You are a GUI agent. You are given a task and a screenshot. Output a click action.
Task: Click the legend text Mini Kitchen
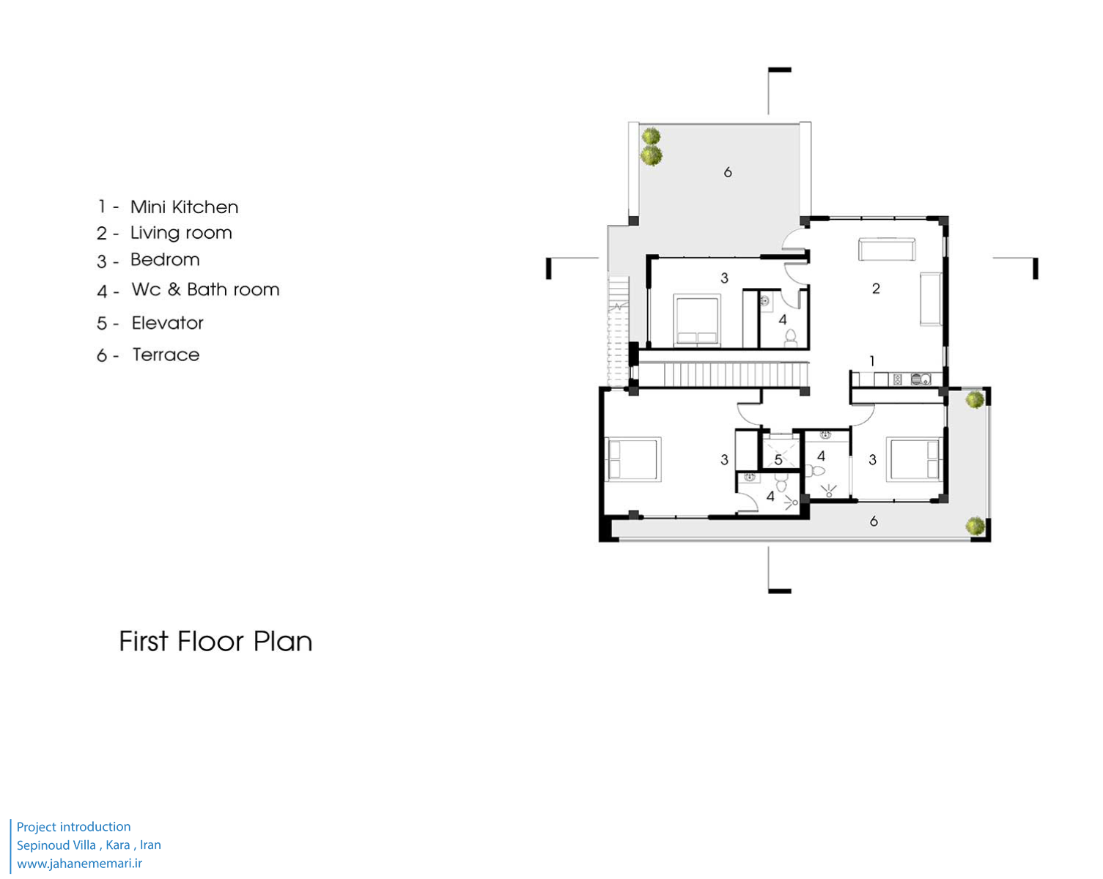[x=184, y=207]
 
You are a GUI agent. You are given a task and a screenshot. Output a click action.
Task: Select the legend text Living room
[x=181, y=233]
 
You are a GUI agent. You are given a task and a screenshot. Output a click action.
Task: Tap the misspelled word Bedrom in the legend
[x=165, y=260]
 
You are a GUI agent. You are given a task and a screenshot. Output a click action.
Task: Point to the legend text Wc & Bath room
[x=205, y=289]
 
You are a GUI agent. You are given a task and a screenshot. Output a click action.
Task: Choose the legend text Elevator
[x=167, y=323]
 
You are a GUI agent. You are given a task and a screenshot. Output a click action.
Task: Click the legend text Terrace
[x=166, y=355]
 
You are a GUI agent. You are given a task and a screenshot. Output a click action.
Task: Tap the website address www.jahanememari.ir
[x=79, y=864]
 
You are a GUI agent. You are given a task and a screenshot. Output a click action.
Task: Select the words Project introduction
[x=74, y=827]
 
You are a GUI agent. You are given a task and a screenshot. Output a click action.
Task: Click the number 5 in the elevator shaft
[x=778, y=460]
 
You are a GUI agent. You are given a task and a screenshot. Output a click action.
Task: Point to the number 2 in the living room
[x=876, y=289]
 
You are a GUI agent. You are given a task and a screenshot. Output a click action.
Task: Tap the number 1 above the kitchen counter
[x=872, y=362]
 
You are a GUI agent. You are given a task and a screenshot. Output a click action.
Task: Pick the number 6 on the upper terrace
[x=728, y=173]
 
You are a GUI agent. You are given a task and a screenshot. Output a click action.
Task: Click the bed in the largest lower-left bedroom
[x=633, y=459]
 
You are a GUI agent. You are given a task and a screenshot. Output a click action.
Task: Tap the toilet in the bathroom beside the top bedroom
[x=791, y=338]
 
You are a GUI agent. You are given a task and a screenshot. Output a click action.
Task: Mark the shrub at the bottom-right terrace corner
[x=975, y=526]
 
